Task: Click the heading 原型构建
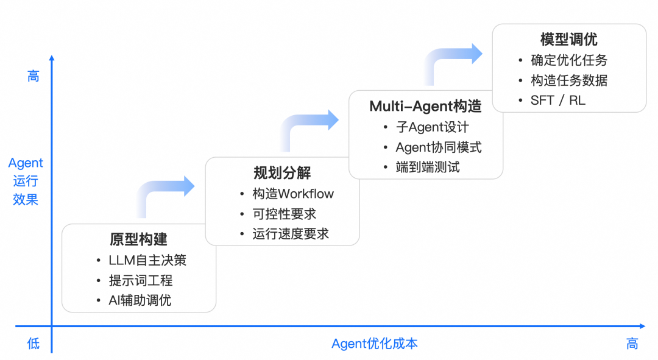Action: pyautogui.click(x=139, y=239)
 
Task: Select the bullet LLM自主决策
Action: pyautogui.click(x=147, y=260)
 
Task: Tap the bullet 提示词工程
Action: pyautogui.click(x=141, y=280)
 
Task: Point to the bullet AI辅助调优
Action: pyautogui.click(x=140, y=300)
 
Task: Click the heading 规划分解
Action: pyautogui.click(x=282, y=173)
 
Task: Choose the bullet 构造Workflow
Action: pyautogui.click(x=293, y=194)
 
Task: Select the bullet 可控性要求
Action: pyautogui.click(x=285, y=214)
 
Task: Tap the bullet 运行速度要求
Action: pyautogui.click(x=291, y=234)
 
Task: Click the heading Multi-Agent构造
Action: pyautogui.click(x=425, y=107)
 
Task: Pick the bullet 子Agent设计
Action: pyautogui.click(x=433, y=127)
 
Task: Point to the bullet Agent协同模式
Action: pyautogui.click(x=439, y=147)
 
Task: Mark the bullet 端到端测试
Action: pyautogui.click(x=428, y=167)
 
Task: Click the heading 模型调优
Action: pyautogui.click(x=569, y=40)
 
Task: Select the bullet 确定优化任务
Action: pyautogui.click(x=569, y=60)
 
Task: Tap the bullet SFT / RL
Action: pyautogui.click(x=558, y=101)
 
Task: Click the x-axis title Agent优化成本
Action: pyautogui.click(x=375, y=344)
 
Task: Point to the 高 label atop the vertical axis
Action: pyautogui.click(x=34, y=76)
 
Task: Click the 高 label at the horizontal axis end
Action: pyautogui.click(x=632, y=344)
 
